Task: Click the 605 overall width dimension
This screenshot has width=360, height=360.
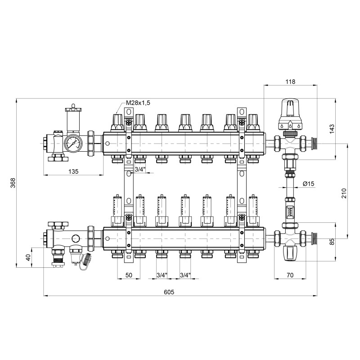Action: [x=169, y=292]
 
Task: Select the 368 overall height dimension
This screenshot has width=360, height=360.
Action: [x=13, y=182]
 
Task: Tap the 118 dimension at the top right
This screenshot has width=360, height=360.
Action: [x=290, y=81]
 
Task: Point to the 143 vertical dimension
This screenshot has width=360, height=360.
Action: [x=345, y=129]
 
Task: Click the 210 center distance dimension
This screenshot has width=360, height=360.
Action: [x=345, y=193]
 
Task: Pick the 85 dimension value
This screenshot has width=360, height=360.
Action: [x=345, y=242]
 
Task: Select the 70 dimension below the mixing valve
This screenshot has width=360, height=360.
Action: [x=290, y=274]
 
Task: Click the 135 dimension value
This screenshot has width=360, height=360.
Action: [x=73, y=171]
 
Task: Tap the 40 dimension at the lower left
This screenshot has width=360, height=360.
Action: [x=28, y=257]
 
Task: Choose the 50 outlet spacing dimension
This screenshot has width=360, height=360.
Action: [x=129, y=274]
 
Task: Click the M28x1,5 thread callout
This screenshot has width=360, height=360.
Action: [x=138, y=103]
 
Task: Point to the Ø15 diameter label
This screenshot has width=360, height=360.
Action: [x=309, y=184]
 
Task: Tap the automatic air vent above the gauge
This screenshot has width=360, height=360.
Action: [x=72, y=118]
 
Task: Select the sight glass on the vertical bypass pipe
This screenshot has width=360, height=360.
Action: [x=289, y=210]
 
